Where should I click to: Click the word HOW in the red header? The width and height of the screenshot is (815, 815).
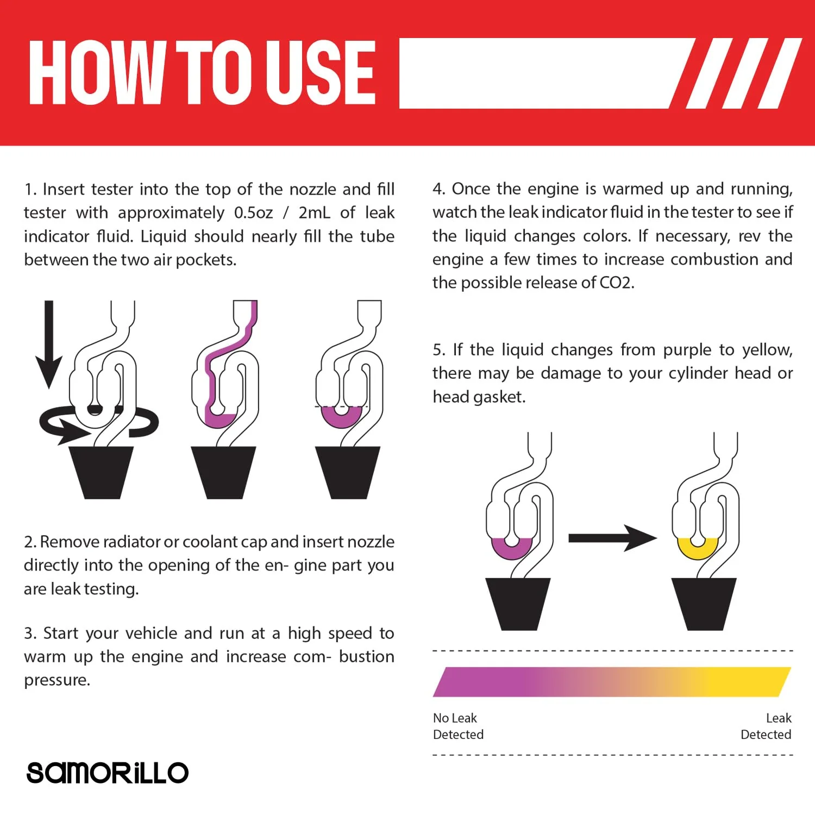(97, 72)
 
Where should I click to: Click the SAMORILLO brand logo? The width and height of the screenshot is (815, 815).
(108, 772)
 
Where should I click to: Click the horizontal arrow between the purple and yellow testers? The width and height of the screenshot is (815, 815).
(612, 538)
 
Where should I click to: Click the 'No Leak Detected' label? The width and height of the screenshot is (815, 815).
(458, 726)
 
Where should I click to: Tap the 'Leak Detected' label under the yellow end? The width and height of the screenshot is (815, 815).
(766, 726)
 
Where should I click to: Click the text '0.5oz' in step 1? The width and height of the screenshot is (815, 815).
(253, 212)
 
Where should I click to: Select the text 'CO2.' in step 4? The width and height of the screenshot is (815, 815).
(617, 283)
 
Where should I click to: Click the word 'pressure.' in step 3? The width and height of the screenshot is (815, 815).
(57, 680)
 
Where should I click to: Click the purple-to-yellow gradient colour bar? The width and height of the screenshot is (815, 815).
(612, 682)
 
